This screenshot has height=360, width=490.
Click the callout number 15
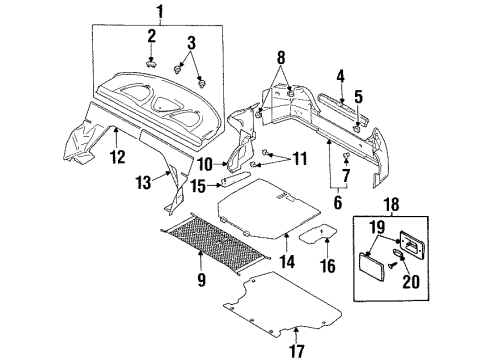199,185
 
